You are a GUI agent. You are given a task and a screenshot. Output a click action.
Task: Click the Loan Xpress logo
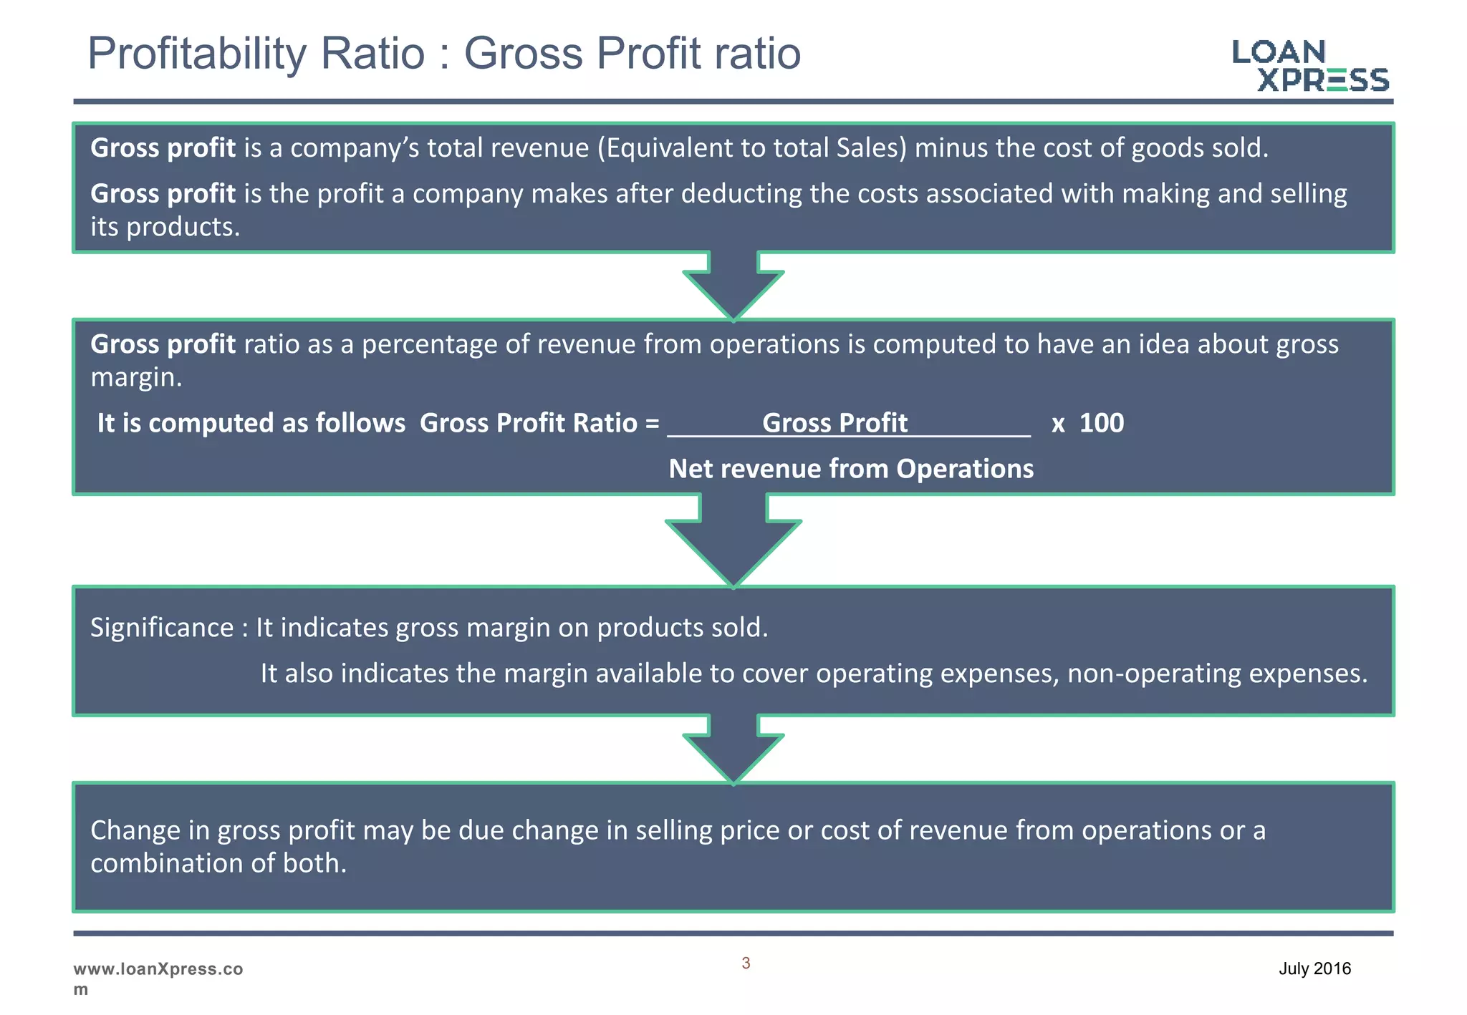1309,66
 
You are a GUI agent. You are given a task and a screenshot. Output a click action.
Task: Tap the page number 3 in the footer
746,963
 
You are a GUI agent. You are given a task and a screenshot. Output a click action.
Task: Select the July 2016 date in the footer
1314,968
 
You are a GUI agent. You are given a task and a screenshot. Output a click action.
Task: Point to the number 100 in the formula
1101,423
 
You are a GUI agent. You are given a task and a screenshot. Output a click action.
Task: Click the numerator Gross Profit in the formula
834,423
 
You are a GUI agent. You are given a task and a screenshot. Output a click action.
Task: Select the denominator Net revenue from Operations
851,469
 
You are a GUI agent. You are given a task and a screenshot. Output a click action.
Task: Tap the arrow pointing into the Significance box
733,540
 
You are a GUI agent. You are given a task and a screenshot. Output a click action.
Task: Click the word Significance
162,628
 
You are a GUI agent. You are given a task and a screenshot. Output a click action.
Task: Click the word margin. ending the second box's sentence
136,377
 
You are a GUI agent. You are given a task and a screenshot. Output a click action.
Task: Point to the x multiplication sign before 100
1058,424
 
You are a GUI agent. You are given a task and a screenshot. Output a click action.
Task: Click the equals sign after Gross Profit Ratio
652,424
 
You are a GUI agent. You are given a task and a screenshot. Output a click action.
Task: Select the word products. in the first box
183,228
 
